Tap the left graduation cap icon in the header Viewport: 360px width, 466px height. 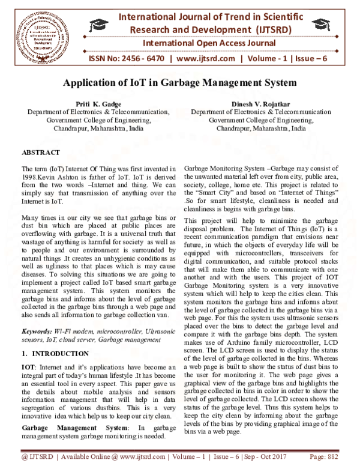98,24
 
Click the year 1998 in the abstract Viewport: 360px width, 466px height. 29,178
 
